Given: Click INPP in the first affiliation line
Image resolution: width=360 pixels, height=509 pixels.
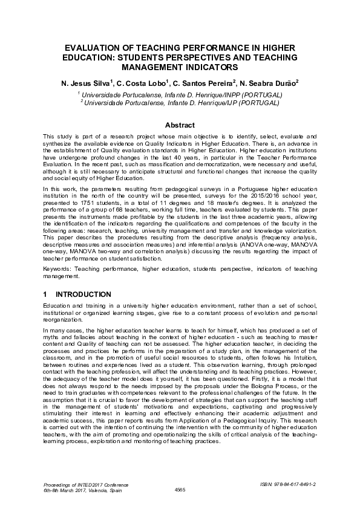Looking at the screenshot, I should [x=228, y=95].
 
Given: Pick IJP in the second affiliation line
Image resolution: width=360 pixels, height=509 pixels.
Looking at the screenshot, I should [x=229, y=103].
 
